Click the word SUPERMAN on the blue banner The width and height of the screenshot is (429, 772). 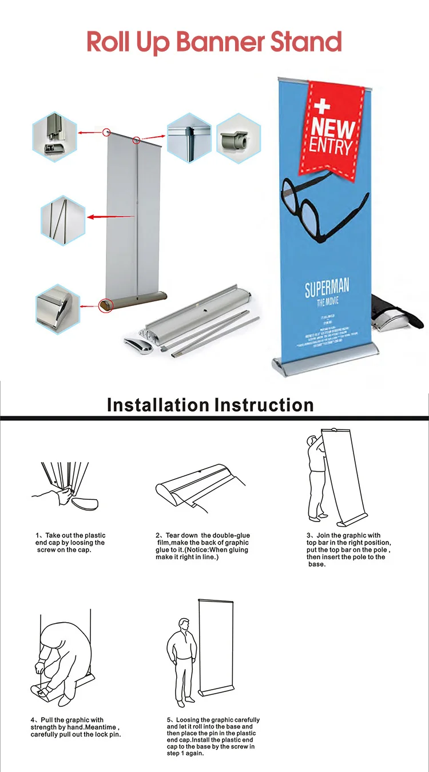point(327,288)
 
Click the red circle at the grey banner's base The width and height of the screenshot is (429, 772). point(105,306)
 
